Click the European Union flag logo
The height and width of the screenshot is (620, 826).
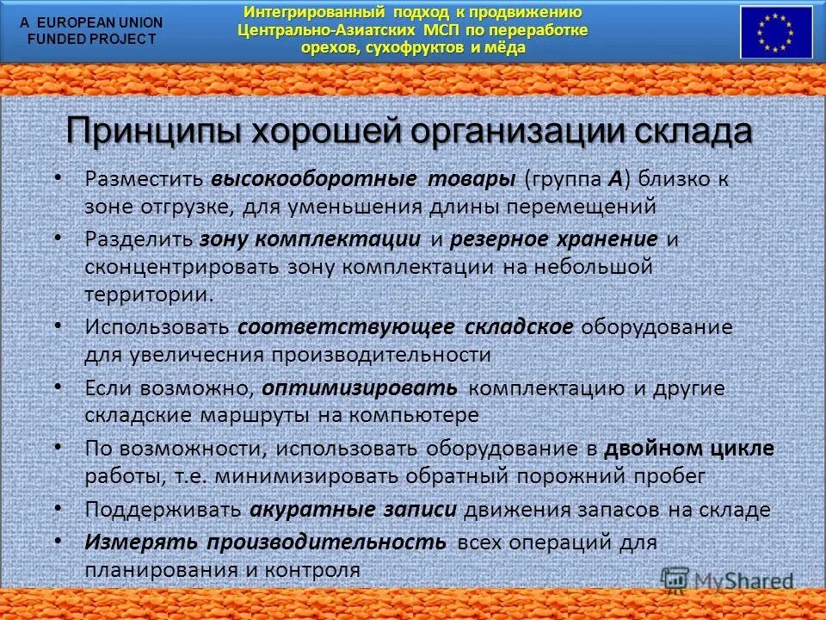[776, 32]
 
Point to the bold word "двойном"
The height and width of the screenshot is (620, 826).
[654, 449]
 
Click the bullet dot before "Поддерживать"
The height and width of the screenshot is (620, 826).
[58, 507]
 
